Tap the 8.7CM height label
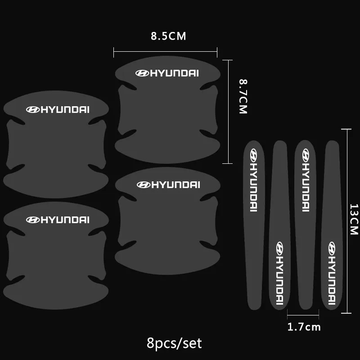(243, 96)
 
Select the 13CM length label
(353, 219)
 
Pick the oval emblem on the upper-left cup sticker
(33, 109)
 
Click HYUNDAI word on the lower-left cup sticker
(65, 220)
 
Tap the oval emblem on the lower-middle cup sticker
(143, 184)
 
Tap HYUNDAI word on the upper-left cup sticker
(65, 109)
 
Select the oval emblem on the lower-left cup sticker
(33, 220)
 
